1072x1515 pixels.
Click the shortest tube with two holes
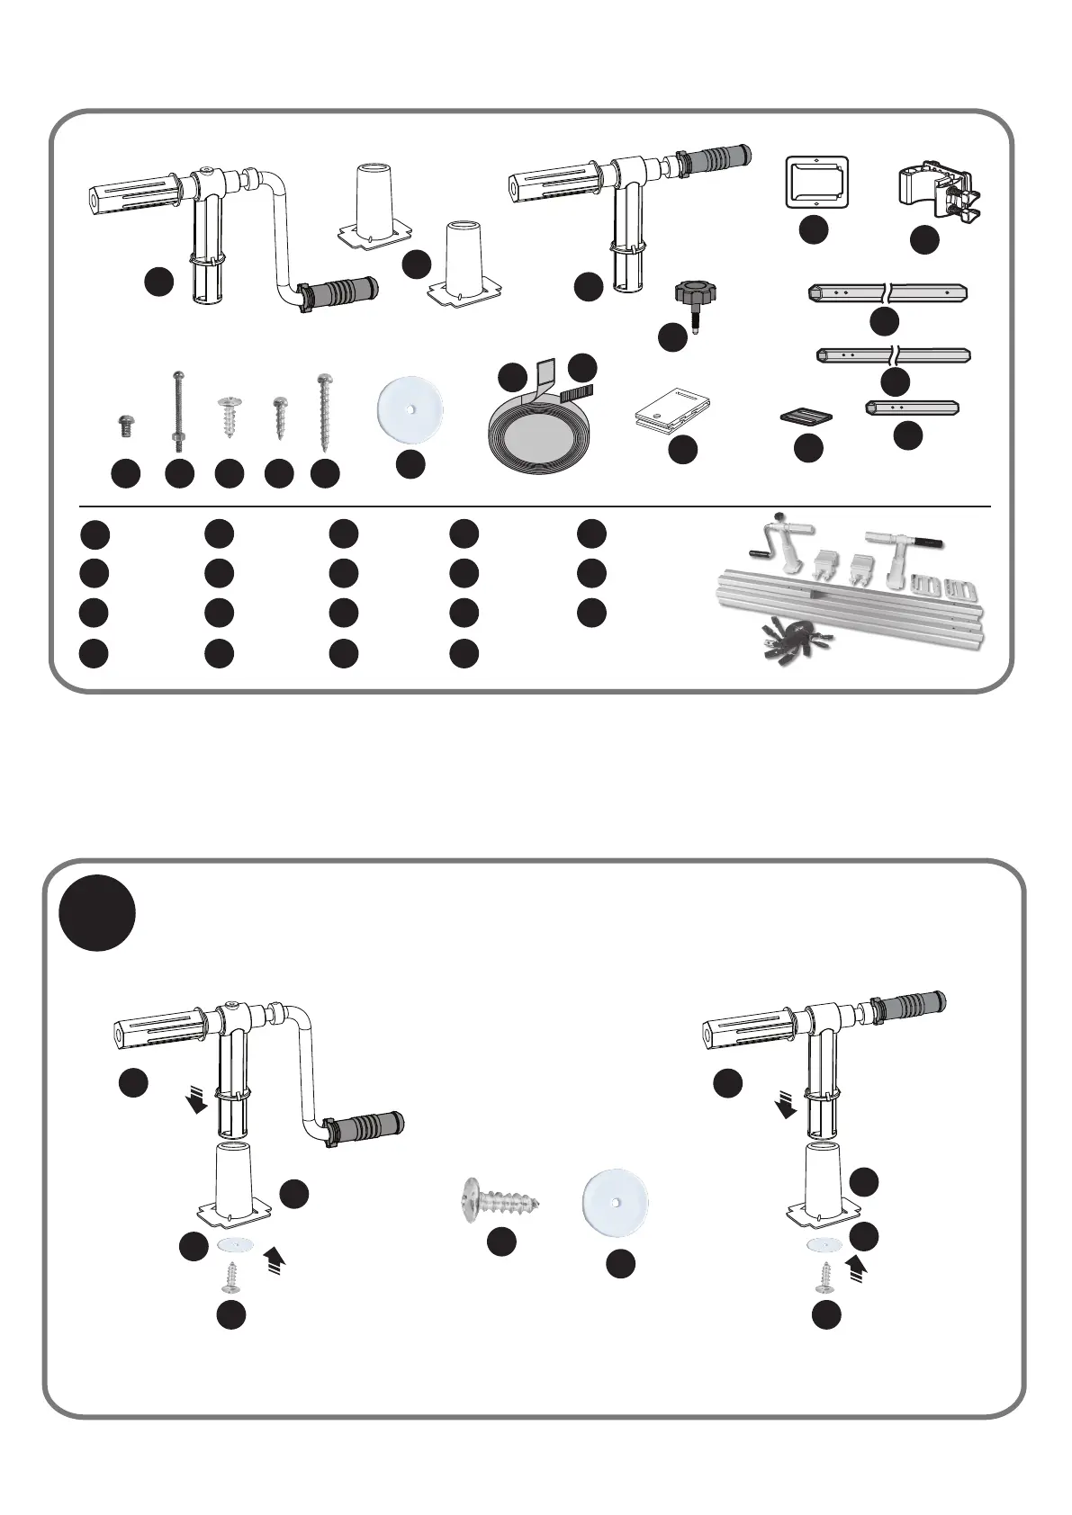(x=912, y=408)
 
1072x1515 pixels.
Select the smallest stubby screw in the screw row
(x=126, y=425)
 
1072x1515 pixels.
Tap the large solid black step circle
(x=96, y=912)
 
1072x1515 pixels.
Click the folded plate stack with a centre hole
(x=671, y=406)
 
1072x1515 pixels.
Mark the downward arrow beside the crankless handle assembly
(x=787, y=1103)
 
